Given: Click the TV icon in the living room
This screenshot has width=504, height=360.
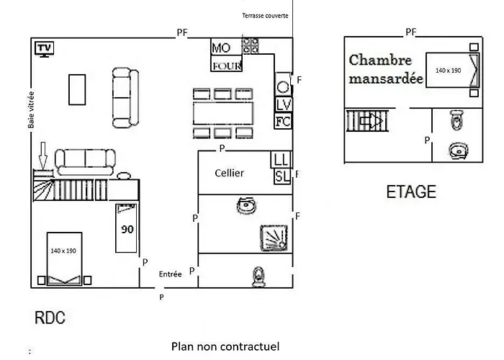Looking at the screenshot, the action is tap(45, 49).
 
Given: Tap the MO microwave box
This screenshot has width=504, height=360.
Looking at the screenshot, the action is tap(226, 47).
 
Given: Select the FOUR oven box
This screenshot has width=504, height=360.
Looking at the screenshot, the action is tap(226, 63).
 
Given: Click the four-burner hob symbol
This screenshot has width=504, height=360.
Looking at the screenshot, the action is tap(250, 46).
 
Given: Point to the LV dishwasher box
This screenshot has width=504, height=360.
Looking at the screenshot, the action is tap(284, 104).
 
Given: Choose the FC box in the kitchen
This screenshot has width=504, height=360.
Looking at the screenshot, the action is tap(283, 121).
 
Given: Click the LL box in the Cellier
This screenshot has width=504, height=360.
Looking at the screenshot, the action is tap(282, 159).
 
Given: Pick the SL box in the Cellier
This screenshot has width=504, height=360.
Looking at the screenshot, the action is tap(282, 176).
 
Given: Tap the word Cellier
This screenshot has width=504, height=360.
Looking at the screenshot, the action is tap(229, 174).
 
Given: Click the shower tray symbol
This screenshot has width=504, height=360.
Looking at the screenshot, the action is tap(274, 238).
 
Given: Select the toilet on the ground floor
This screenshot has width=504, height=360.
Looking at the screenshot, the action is tap(258, 276).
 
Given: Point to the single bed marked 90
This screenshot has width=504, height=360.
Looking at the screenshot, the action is tap(126, 228).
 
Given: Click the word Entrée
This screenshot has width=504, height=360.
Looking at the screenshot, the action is tap(171, 274).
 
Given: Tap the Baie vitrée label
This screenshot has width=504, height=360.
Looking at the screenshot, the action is tap(31, 110).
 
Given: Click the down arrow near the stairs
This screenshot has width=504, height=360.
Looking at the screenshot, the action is tap(42, 156).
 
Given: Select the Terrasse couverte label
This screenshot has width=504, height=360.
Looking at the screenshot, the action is tap(265, 15).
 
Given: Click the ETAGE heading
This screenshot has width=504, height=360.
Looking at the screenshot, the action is tap(411, 192).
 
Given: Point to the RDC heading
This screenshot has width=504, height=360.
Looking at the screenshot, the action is tap(50, 318).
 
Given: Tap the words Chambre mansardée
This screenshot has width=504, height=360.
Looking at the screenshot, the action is tap(386, 69).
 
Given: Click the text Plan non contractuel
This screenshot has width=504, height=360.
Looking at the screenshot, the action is tap(225, 346).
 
